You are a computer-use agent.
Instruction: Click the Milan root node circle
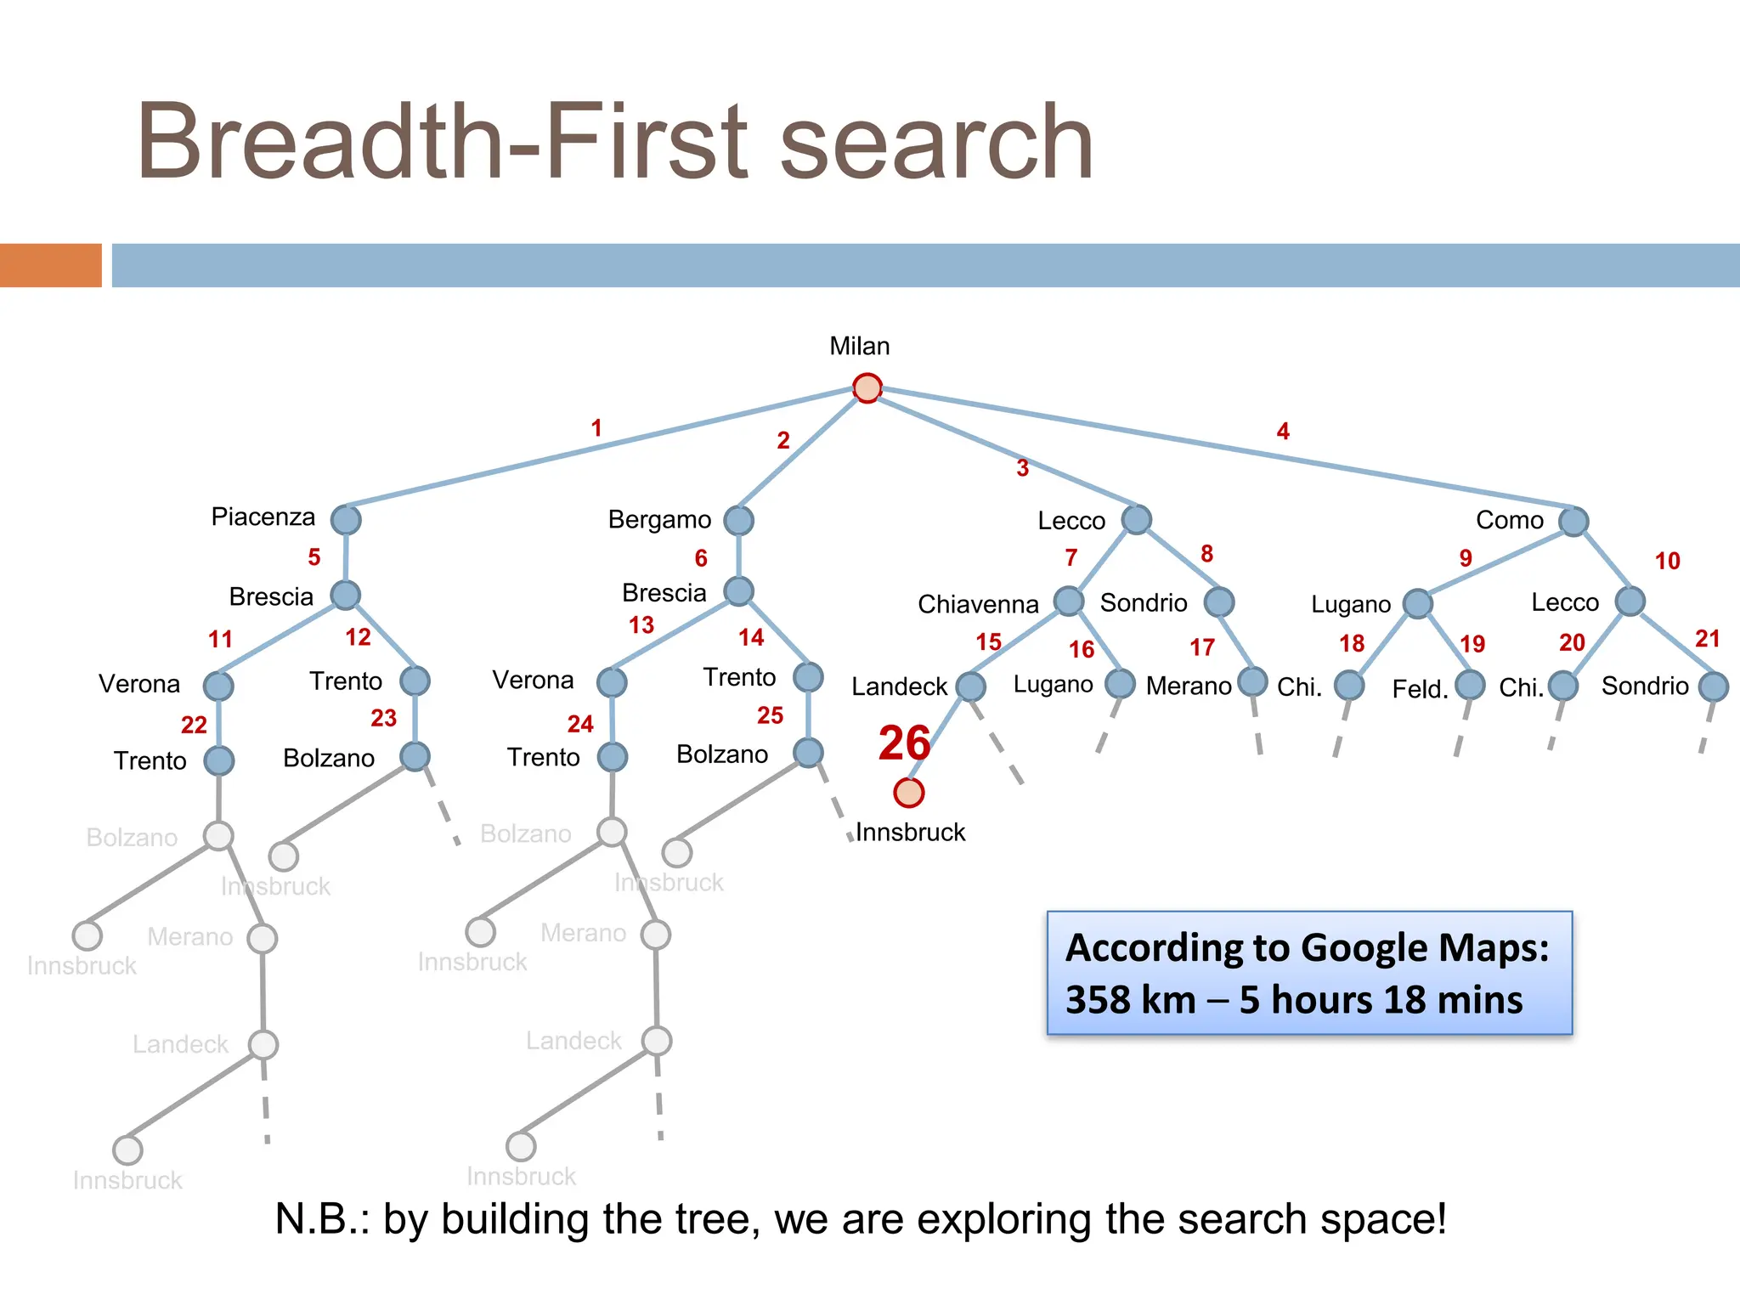867,388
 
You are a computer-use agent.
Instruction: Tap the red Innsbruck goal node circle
908,793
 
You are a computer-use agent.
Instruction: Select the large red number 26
904,743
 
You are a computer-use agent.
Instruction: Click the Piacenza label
263,517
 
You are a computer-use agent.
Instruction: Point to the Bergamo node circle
738,520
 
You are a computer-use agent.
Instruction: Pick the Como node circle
1573,521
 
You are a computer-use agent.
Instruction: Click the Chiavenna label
978,604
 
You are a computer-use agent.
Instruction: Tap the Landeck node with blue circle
970,686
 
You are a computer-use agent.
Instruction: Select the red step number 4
1283,432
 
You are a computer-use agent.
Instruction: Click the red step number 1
596,427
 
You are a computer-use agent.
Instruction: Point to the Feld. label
1420,689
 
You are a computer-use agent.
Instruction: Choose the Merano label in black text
1188,686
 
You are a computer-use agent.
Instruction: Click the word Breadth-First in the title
442,142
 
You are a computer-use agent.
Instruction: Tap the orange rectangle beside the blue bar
51,265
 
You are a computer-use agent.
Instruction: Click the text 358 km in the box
1130,1000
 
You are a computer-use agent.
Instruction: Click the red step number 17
1201,648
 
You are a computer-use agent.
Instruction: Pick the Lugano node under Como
1417,603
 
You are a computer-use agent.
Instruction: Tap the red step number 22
194,725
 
